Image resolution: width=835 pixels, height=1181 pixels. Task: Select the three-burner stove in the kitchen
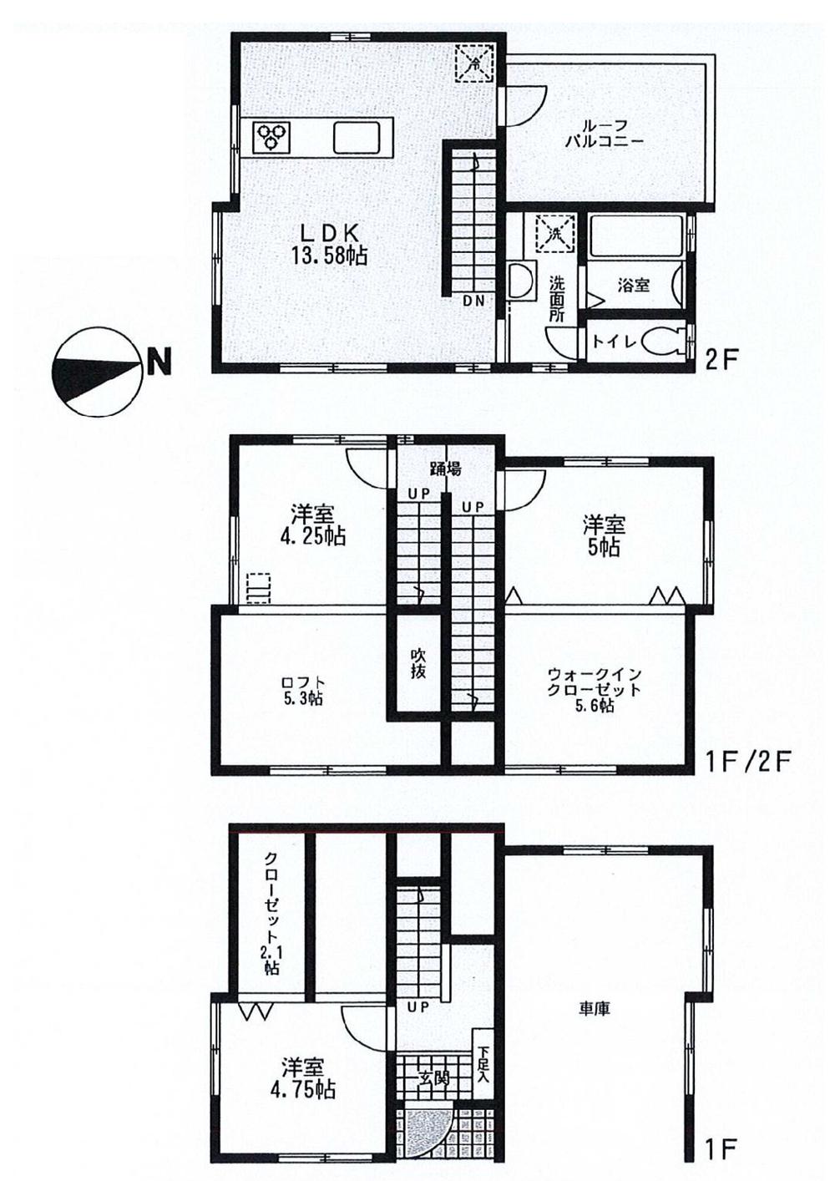click(271, 136)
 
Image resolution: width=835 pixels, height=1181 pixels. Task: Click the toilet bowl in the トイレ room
click(665, 341)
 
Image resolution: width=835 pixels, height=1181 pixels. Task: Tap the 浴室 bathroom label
click(633, 285)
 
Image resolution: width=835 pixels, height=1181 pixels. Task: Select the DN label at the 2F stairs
click(473, 302)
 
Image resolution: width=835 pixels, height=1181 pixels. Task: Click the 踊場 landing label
click(445, 469)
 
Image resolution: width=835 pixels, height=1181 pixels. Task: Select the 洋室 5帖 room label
click(603, 536)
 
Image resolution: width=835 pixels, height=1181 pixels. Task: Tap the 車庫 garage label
click(594, 1009)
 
